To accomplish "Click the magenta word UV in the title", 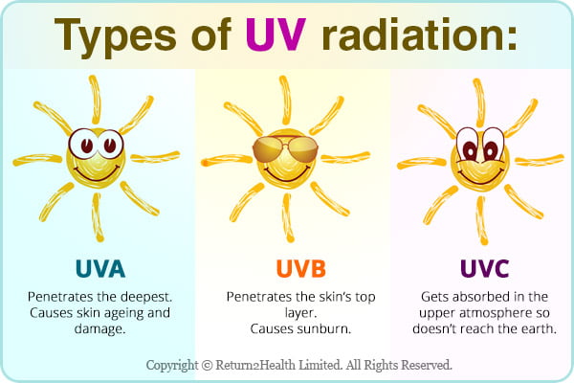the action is (x=276, y=34).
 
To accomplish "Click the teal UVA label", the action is (x=100, y=269).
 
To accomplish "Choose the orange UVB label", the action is (x=301, y=269).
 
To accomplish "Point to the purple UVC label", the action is (x=484, y=269).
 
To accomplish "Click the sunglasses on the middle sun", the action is (x=285, y=148).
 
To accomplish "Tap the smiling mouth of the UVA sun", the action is (x=97, y=173).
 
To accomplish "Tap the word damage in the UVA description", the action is (x=99, y=329).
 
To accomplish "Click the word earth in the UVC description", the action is (x=538, y=328).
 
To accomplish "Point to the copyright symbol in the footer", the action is (x=207, y=366).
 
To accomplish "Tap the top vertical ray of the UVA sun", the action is (x=95, y=100).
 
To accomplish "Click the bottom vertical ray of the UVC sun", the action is (x=482, y=220).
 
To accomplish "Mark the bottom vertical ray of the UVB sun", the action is (x=288, y=218).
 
